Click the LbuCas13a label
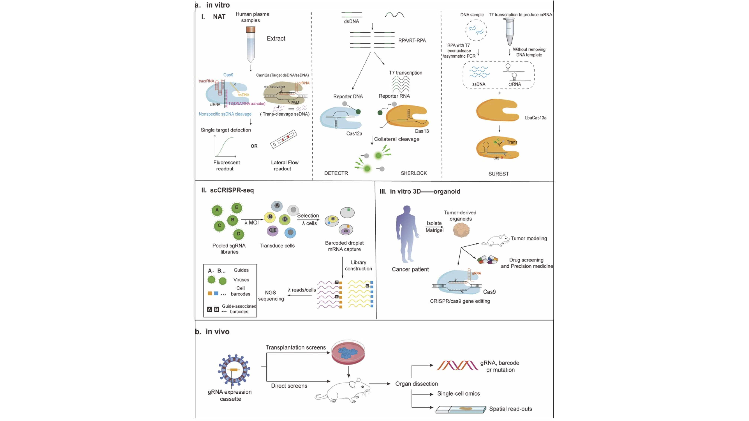pyautogui.click(x=535, y=118)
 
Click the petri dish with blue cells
pyautogui.click(x=348, y=352)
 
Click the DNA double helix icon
pyautogui.click(x=457, y=365)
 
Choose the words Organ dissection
pyautogui.click(x=416, y=384)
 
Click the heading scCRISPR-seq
pyautogui.click(x=232, y=190)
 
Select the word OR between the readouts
pyautogui.click(x=254, y=146)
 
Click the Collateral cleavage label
pyautogui.click(x=397, y=139)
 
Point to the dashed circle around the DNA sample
pyautogui.click(x=476, y=30)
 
